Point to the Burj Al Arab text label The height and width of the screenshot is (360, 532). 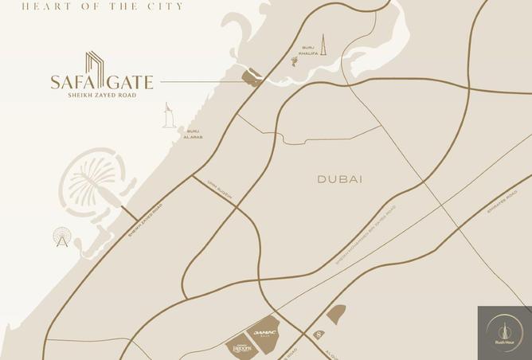192,134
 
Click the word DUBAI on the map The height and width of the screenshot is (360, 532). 340,179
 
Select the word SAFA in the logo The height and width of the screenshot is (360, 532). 67,81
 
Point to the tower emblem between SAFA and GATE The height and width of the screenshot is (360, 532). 95,72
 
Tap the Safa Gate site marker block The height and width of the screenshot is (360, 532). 252,77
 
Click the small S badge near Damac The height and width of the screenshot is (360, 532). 319,333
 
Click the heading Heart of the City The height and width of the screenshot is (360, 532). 104,6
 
